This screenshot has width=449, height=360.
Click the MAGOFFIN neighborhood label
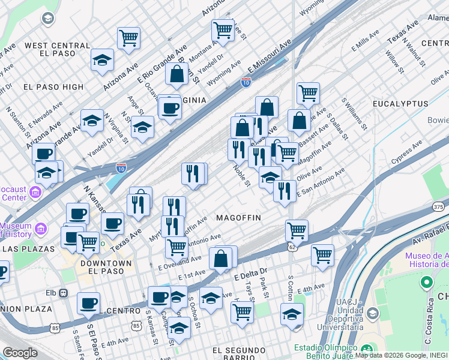click(238, 218)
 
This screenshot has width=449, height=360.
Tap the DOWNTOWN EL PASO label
click(106, 267)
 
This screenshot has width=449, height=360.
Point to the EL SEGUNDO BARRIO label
click(238, 350)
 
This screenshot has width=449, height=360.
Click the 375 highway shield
click(439, 206)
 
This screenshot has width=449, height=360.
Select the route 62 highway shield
click(291, 246)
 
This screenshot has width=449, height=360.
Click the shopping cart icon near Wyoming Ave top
click(223, 29)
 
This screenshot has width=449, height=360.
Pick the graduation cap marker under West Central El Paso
click(103, 59)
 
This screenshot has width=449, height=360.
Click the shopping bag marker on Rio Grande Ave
click(177, 74)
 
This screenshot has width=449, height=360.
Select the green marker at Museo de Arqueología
click(427, 281)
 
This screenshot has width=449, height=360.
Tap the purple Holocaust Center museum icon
click(35, 193)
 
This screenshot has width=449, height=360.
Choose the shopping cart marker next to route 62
click(297, 230)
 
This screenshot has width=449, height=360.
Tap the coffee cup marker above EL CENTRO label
click(88, 303)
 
